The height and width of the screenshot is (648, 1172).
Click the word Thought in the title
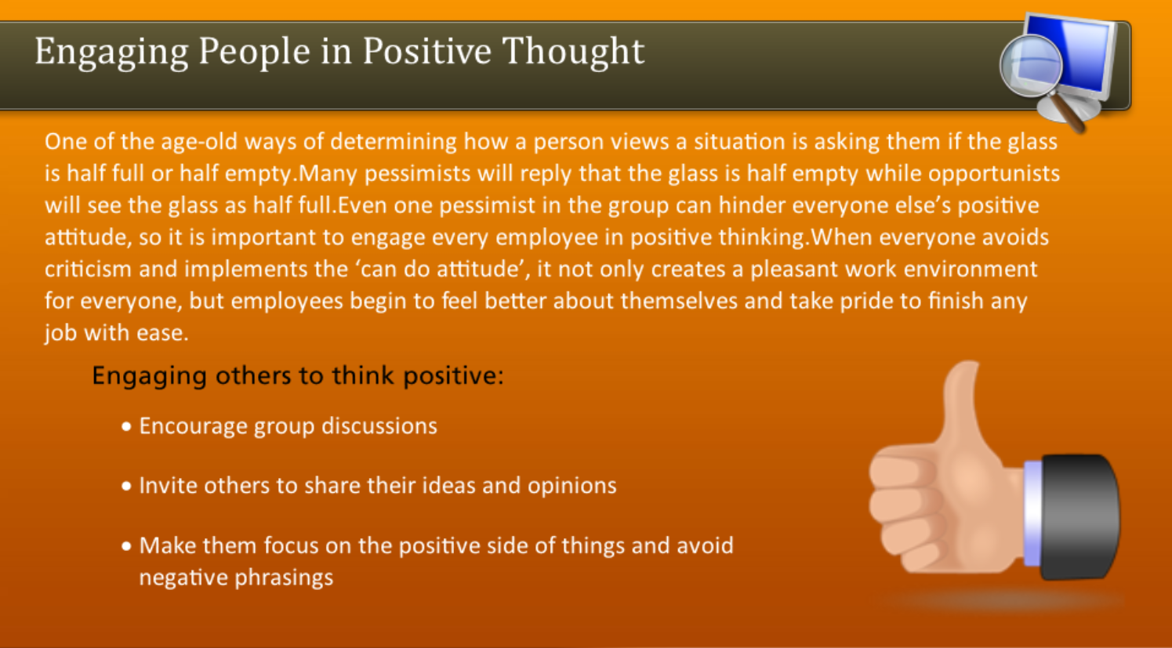(x=572, y=52)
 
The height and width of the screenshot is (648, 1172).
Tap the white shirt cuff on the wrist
(x=1032, y=513)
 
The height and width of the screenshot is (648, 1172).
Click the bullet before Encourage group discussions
(x=126, y=427)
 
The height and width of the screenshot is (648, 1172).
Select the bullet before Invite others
(x=126, y=487)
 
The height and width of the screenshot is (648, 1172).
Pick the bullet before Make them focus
(x=126, y=546)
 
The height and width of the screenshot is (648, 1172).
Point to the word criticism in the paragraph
(x=88, y=270)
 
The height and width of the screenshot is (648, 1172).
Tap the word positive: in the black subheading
(x=453, y=376)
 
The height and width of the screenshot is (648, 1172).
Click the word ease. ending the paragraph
(x=162, y=334)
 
